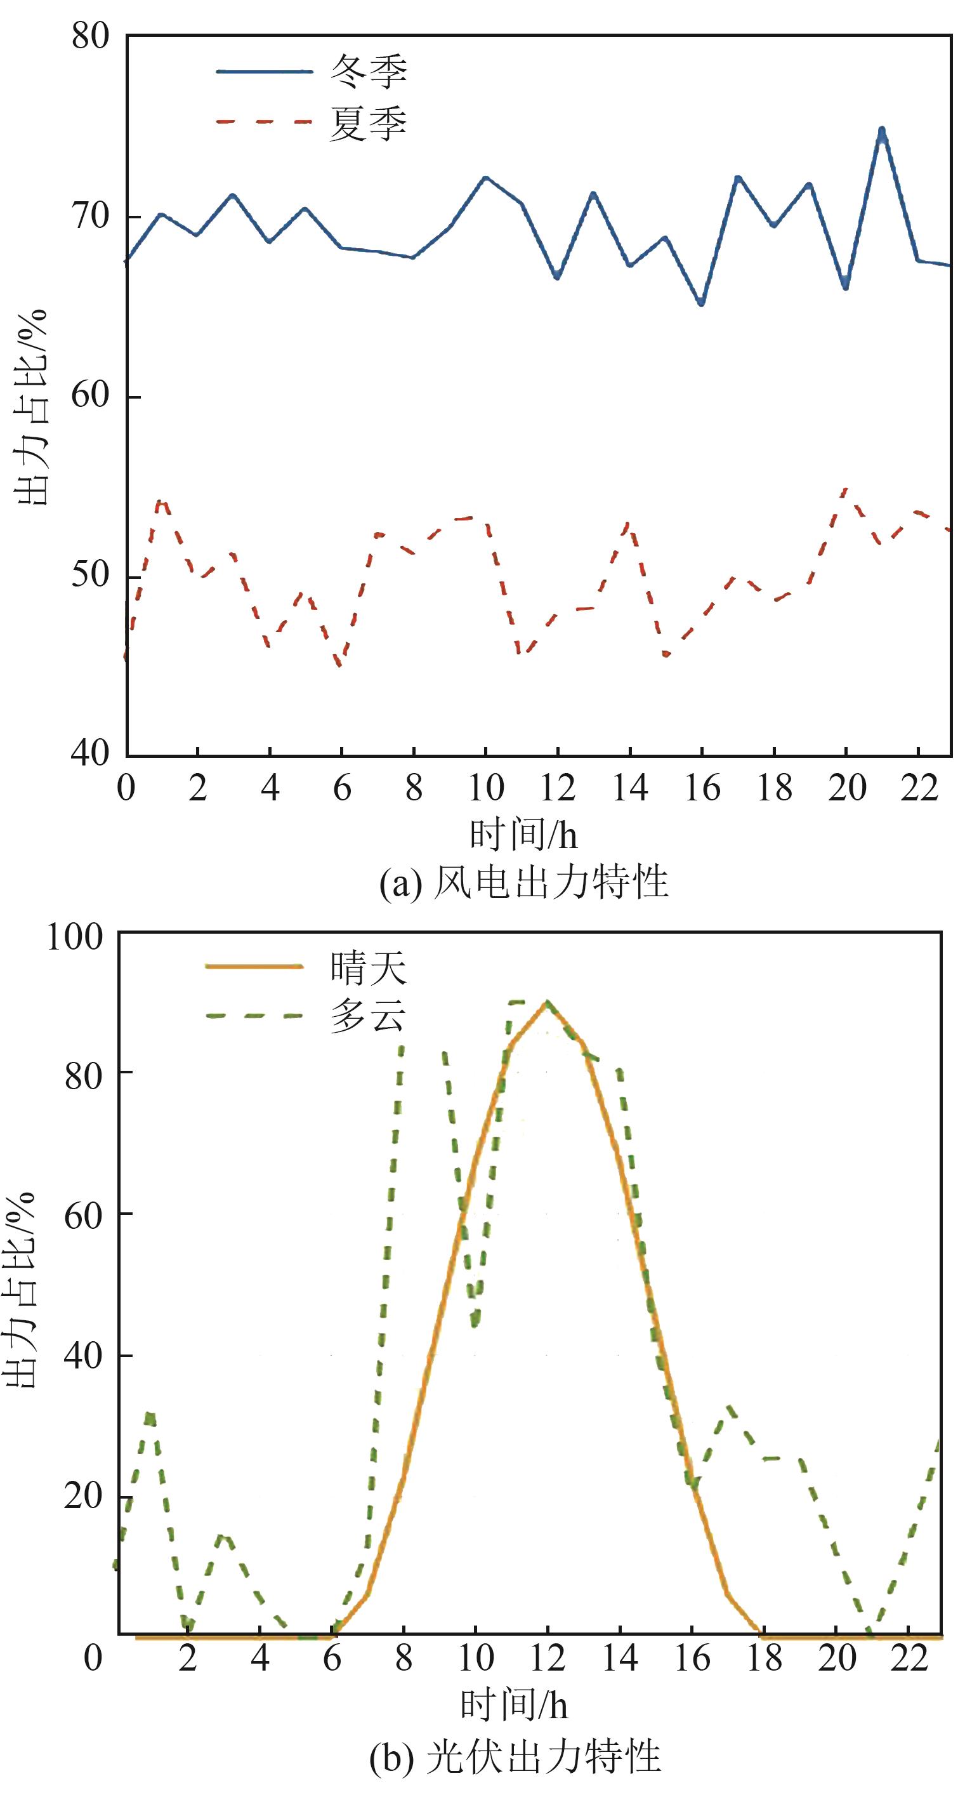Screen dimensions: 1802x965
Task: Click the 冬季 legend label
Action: click(x=368, y=71)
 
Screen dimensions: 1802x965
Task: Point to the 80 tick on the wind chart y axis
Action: click(x=91, y=36)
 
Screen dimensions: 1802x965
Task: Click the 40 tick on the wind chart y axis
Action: click(x=91, y=754)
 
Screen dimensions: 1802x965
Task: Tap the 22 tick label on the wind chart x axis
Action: click(x=919, y=789)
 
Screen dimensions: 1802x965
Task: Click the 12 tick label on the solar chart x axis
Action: click(x=547, y=1659)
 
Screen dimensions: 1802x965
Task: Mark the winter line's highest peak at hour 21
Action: click(x=882, y=131)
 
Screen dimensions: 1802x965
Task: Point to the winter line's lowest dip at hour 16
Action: click(x=701, y=303)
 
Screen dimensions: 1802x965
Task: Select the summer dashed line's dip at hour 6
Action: click(x=341, y=665)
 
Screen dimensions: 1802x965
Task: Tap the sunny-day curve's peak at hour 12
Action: click(x=547, y=1003)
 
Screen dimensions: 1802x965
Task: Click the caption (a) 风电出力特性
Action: click(x=523, y=883)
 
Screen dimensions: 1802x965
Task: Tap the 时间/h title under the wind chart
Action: click(x=523, y=835)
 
